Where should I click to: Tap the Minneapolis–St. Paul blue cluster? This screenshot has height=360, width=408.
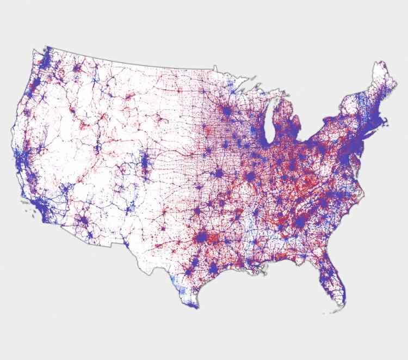coord(226,110)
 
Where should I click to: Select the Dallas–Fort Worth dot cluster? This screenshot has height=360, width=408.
coord(203,238)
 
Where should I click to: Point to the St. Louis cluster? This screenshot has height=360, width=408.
coord(250,178)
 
